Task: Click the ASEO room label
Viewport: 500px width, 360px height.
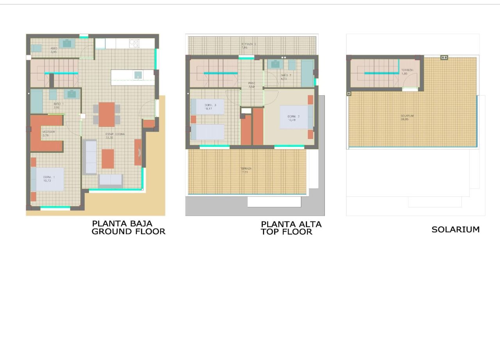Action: (54, 48)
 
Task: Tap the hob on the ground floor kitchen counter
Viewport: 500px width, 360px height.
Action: (134, 43)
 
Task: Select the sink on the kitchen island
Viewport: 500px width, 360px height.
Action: (138, 75)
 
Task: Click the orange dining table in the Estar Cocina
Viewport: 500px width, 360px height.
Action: (107, 114)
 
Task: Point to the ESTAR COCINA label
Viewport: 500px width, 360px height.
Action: (115, 134)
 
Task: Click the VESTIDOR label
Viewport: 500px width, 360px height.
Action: (48, 132)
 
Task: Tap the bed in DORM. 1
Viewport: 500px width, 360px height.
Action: (48, 179)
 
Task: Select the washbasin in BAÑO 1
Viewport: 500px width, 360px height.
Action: (71, 94)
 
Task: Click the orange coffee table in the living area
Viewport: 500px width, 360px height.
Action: (108, 159)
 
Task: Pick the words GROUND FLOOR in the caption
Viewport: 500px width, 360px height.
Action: (128, 232)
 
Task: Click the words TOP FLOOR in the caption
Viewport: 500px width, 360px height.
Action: (286, 232)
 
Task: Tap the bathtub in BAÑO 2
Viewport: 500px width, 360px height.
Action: (307, 73)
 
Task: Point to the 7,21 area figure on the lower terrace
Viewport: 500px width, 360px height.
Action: (245, 172)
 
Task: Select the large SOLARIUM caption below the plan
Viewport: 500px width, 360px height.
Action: (455, 230)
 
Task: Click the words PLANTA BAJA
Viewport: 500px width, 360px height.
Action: (122, 224)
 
